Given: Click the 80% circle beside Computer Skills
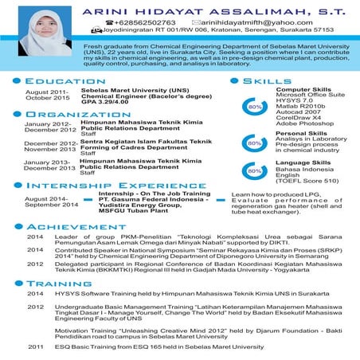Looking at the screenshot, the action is (255, 106).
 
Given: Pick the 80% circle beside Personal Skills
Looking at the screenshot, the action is (255, 143).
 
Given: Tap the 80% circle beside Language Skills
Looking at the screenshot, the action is (255, 170).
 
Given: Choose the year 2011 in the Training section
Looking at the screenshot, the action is (35, 347).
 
